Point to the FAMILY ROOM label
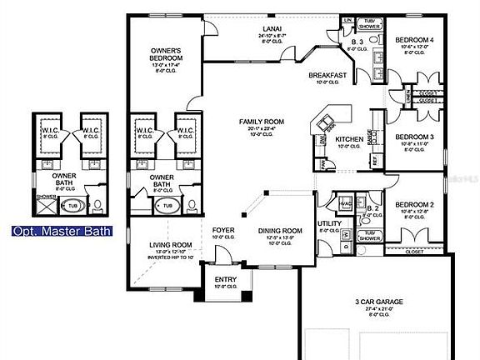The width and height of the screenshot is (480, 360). tap(261, 122)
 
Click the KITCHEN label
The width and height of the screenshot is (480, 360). tap(349, 140)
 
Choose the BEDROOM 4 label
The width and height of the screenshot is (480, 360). tap(414, 39)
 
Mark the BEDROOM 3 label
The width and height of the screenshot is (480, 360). tap(414, 137)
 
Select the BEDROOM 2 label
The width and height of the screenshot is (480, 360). tap(414, 204)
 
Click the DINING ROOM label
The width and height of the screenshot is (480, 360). tap(279, 231)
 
